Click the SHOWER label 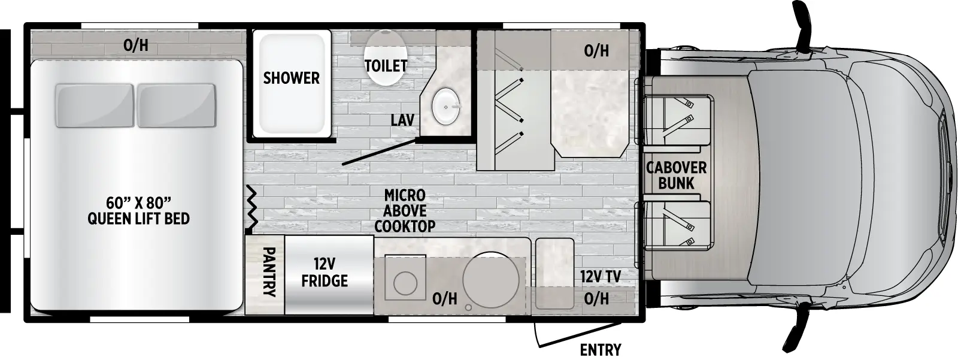tap(292, 78)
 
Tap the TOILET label tap(386, 65)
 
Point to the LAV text tap(402, 120)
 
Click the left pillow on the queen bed tap(94, 105)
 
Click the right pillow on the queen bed tap(177, 105)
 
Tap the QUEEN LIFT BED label tap(138, 218)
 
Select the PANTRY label tap(269, 273)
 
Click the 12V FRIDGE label tap(325, 273)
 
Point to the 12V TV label tap(600, 277)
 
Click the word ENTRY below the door tap(601, 350)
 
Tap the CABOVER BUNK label tap(676, 176)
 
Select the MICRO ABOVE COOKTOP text tap(405, 211)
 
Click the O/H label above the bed tap(136, 45)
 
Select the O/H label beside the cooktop tap(444, 298)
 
